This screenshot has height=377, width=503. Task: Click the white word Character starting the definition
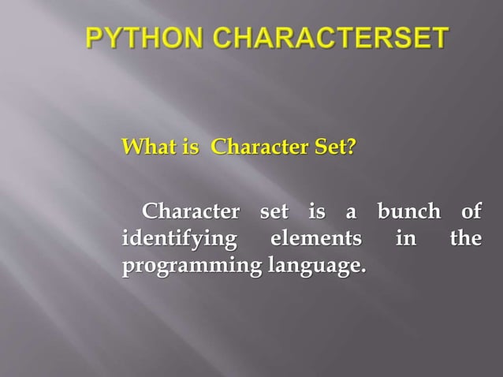point(189,212)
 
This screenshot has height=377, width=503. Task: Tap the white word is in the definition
point(317,212)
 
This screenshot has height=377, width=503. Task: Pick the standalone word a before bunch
point(352,214)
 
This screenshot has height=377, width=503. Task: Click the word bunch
point(409,212)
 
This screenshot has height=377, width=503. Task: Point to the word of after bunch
point(471,212)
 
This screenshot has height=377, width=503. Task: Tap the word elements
point(315,238)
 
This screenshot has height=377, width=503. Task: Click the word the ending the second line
point(465,238)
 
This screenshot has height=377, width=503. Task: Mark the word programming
point(189,267)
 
